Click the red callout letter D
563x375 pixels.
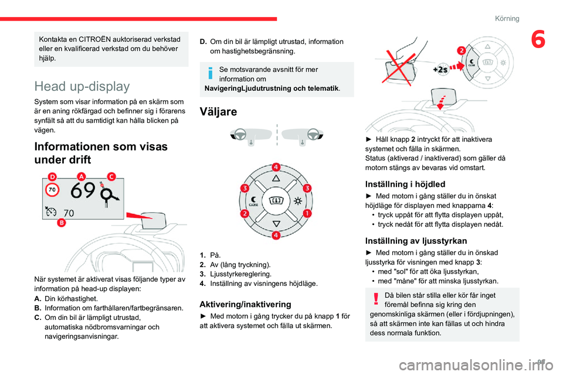[52, 176]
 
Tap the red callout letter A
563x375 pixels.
[80, 176]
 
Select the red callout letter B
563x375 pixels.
[61, 223]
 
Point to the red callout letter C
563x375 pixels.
[111, 176]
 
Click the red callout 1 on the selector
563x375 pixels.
[307, 213]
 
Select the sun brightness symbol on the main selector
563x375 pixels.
[297, 200]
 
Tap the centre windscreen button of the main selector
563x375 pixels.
[276, 200]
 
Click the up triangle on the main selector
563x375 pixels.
[276, 178]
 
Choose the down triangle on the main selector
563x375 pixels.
[276, 223]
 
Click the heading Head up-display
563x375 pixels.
[82, 87]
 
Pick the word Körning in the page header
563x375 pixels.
[507, 18]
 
